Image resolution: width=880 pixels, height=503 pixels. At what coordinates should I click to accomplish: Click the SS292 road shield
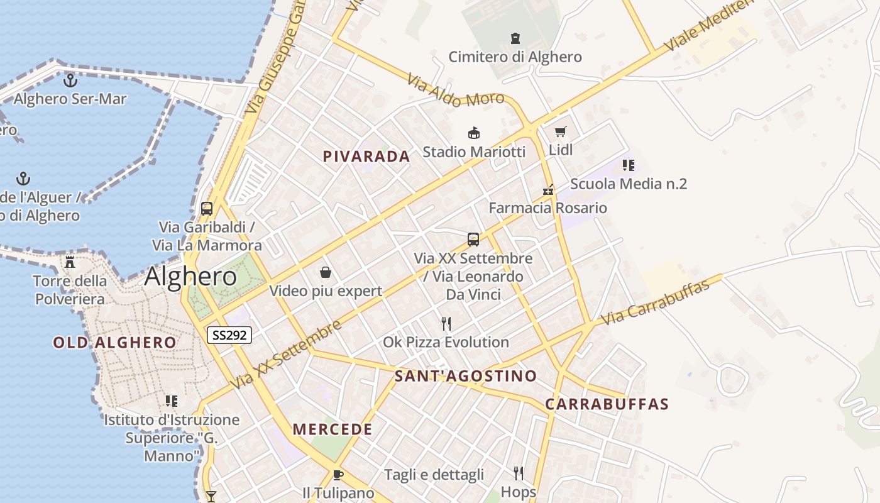point(229,335)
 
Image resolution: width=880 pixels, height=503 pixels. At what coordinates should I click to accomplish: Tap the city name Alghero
point(190,277)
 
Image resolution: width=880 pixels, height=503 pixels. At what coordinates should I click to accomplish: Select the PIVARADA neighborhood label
point(366,157)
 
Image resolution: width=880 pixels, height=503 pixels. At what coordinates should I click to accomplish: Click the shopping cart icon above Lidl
point(560,132)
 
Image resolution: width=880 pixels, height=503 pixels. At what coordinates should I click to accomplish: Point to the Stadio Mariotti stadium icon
point(474,133)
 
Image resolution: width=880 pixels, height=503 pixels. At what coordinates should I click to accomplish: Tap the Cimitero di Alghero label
point(515,57)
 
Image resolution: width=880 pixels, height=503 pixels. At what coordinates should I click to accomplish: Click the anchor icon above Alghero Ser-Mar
point(70,80)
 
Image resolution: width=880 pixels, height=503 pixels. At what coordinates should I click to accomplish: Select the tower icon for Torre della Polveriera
point(70,262)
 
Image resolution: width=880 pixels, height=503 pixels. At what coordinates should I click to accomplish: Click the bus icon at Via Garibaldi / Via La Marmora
point(207,209)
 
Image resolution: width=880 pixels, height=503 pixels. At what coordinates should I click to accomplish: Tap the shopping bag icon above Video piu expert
point(326,272)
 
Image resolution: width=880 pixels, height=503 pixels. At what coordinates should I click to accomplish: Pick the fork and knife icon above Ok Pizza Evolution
point(446,324)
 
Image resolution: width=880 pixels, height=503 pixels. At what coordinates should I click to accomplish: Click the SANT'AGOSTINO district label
point(466,377)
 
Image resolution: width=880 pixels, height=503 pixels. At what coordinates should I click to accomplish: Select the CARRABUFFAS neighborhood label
point(607,404)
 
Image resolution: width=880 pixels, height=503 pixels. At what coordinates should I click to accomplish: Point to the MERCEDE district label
point(333,430)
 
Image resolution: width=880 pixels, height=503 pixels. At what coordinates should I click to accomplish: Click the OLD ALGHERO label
point(114,343)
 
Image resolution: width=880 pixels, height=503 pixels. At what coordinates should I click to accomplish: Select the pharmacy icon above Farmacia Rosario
point(548,189)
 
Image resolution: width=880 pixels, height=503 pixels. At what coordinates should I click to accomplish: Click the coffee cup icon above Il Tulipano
point(338,475)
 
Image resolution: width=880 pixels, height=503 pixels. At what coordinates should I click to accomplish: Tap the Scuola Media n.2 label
point(628,184)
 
